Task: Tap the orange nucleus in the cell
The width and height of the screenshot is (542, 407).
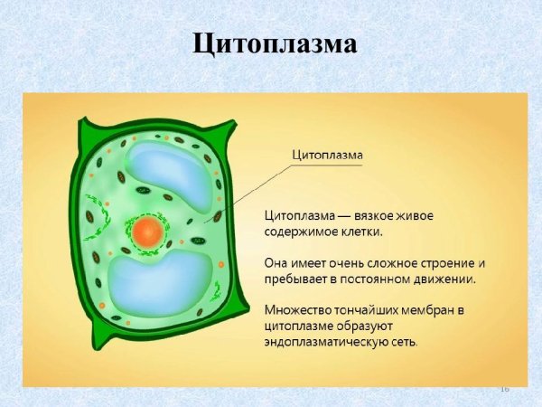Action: (146, 232)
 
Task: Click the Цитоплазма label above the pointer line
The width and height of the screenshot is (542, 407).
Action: (327, 155)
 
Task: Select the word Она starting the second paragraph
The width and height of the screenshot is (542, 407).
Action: (276, 262)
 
